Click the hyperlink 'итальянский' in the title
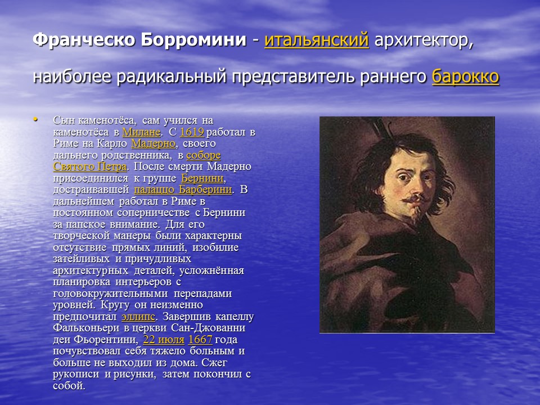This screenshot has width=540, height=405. [316, 40]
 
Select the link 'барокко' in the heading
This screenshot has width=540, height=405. [465, 76]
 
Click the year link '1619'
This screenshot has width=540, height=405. [191, 133]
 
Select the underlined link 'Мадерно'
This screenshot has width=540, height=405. [154, 144]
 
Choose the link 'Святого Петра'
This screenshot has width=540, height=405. [90, 166]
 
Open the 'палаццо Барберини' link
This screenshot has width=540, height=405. [183, 189]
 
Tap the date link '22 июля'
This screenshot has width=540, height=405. [164, 340]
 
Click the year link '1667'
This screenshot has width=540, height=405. [200, 340]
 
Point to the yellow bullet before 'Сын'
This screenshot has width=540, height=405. [35, 119]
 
